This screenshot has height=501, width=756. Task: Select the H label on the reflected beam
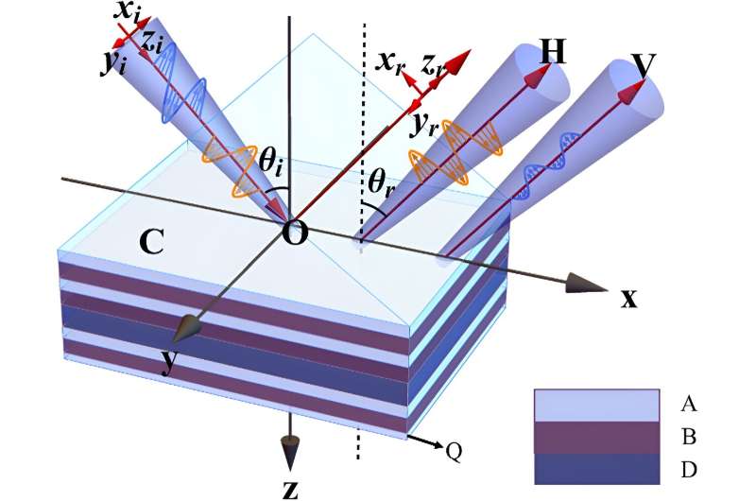552,52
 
